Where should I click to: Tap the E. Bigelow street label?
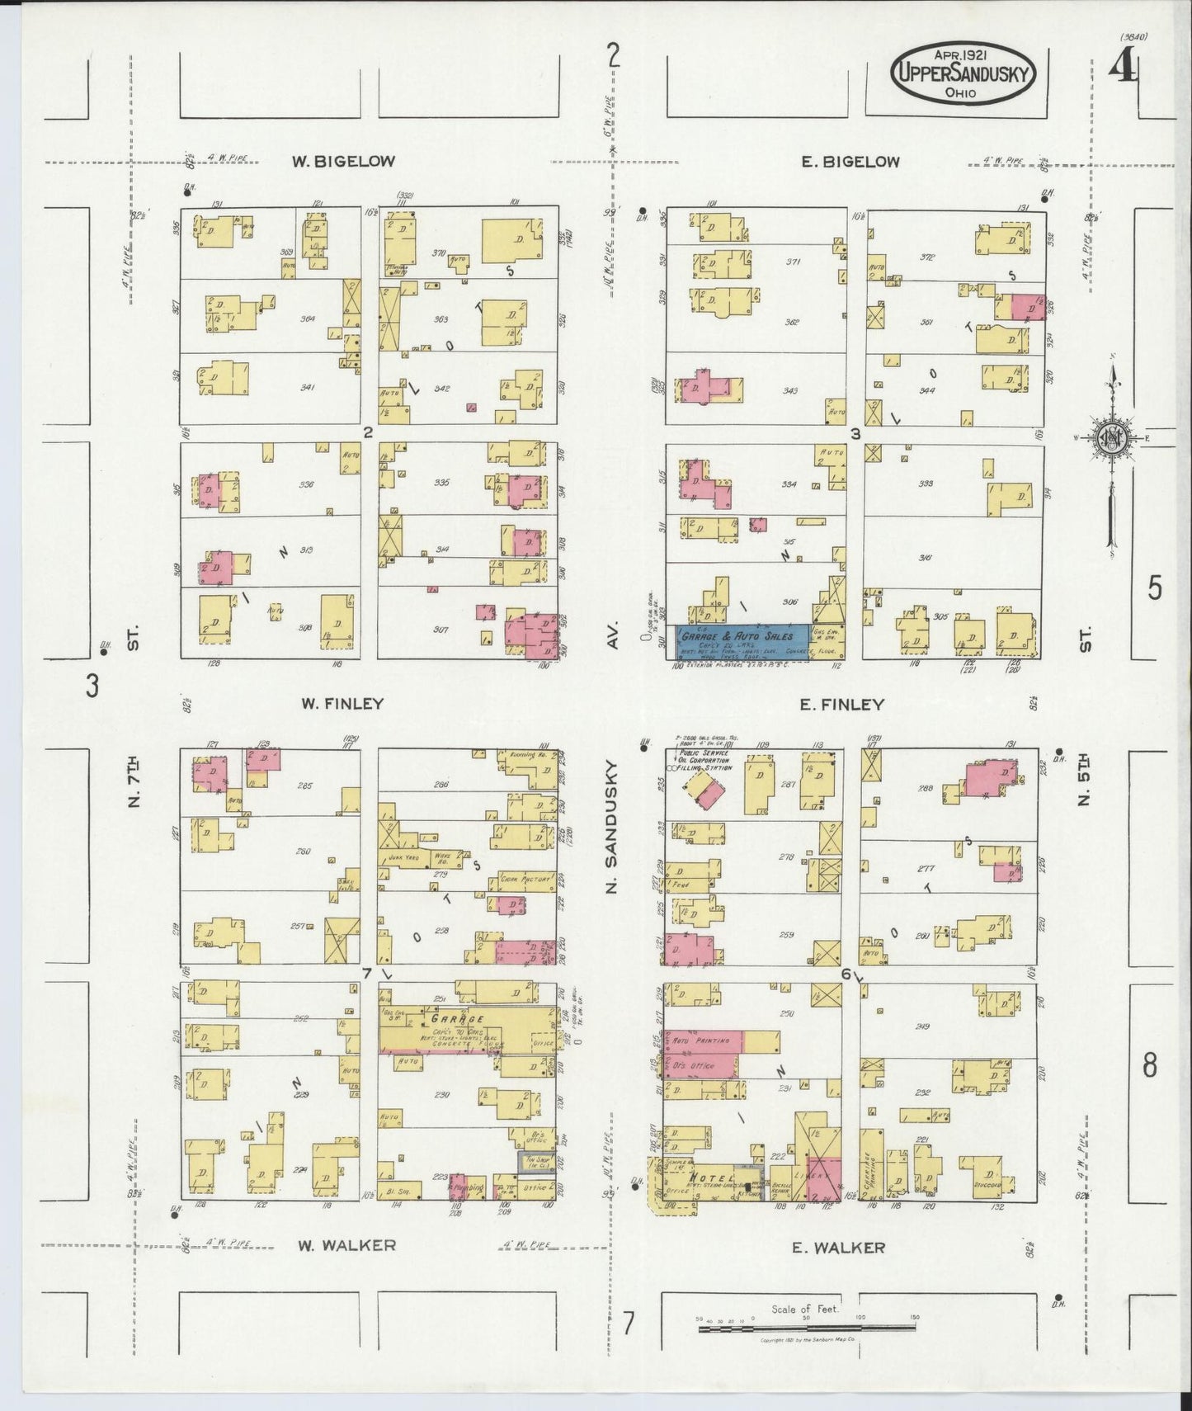850,162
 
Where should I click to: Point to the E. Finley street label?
842,705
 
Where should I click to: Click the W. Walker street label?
346,1245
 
